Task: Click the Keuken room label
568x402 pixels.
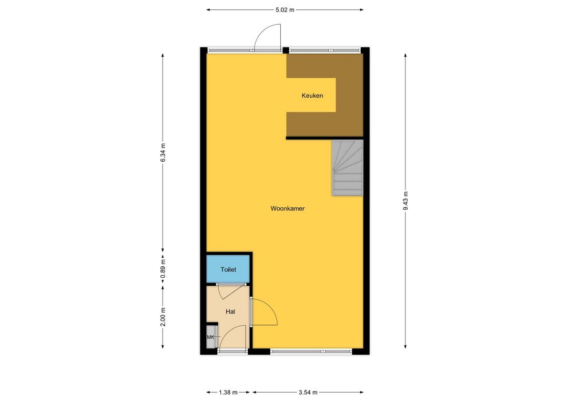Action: [312, 96]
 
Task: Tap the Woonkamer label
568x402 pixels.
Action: [287, 208]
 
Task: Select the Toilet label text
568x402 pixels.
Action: [228, 269]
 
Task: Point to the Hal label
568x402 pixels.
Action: [230, 311]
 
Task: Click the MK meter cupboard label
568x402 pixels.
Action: [210, 337]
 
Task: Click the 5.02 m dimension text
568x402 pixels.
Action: [285, 10]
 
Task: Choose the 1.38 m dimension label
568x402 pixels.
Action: [228, 392]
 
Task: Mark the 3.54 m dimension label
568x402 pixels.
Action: [308, 392]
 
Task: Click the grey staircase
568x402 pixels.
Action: [348, 168]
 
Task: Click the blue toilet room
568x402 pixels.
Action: [228, 268]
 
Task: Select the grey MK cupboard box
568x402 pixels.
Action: [211, 337]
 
